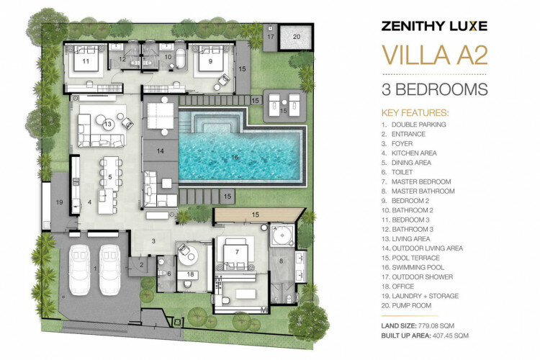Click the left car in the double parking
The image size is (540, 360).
tap(79, 270)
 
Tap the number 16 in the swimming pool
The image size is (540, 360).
tap(235, 157)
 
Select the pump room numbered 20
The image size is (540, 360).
tap(296, 37)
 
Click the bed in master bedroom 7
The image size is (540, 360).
tap(236, 254)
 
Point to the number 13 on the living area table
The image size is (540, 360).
tap(108, 124)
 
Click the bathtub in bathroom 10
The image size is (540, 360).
tap(181, 58)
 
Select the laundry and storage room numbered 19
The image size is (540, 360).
tap(59, 202)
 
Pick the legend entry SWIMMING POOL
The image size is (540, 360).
tap(418, 267)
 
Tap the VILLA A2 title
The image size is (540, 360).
tap(435, 55)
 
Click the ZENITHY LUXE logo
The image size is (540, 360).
tap(434, 26)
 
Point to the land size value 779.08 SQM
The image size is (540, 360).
tap(436, 325)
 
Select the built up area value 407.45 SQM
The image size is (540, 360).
tap(450, 336)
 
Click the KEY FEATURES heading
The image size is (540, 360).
tap(415, 113)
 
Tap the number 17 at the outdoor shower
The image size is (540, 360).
tap(270, 37)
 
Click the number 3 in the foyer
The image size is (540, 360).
tap(153, 241)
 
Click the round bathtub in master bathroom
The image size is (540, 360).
tap(282, 235)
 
